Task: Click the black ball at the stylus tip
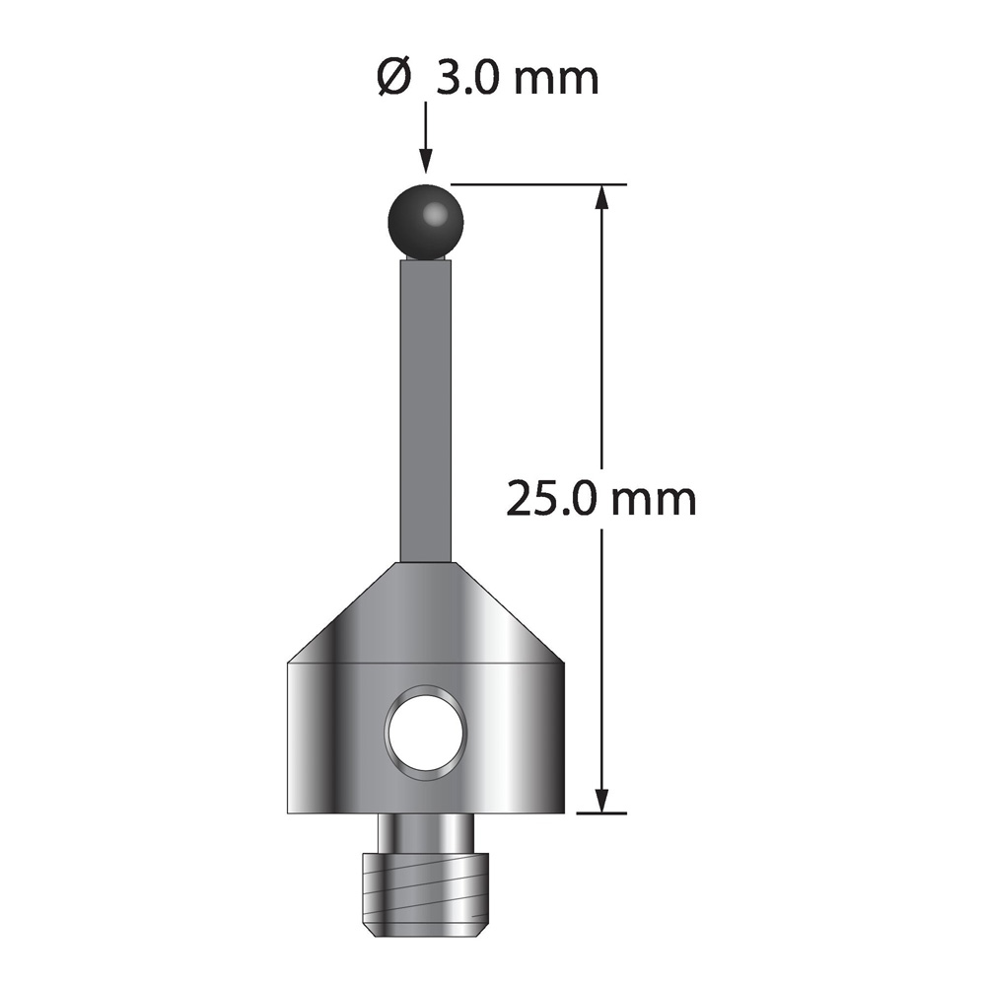pos(426,222)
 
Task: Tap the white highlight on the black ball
pos(434,214)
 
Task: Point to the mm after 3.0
pos(556,82)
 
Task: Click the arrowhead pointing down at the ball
pos(426,160)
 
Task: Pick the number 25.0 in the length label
pos(553,499)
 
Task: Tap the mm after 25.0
pos(655,503)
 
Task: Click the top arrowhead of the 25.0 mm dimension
pos(602,197)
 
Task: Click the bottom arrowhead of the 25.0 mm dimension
pos(602,801)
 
